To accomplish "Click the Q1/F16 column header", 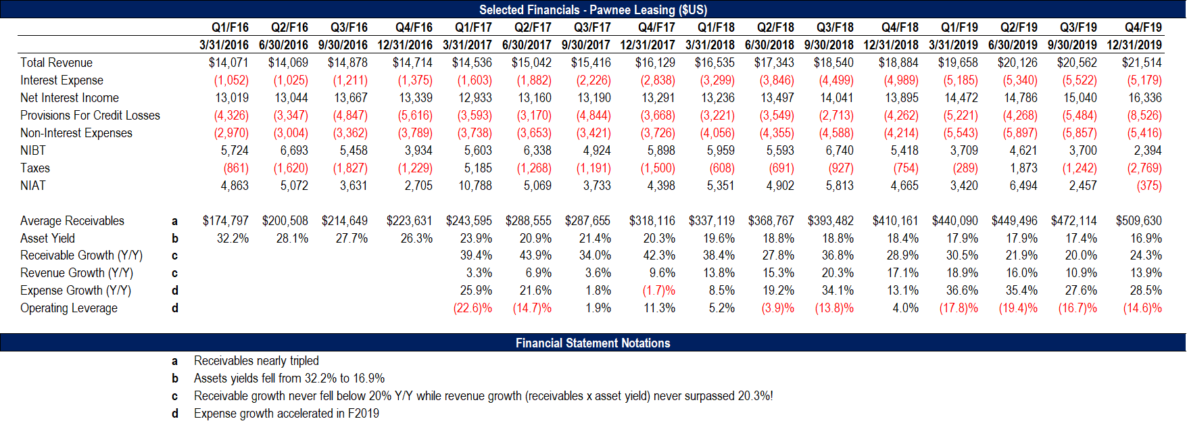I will [230, 28].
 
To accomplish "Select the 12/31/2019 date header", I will [1134, 45].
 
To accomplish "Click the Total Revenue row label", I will [56, 63].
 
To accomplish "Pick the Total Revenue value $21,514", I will [1142, 63].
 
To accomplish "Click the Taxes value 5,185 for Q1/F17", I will [478, 168].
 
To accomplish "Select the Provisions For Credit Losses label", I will [90, 116].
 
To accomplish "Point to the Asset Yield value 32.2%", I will [233, 239].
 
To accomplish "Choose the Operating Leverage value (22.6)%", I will [473, 308].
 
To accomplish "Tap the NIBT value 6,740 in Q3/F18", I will [840, 151].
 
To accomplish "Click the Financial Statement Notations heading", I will [593, 343].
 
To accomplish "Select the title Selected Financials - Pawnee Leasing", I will [593, 10].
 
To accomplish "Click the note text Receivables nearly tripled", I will [256, 361].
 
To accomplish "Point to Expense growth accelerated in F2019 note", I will [287, 414].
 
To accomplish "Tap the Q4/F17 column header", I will [656, 28].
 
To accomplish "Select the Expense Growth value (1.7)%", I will [658, 291].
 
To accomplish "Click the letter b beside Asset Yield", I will [175, 239].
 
